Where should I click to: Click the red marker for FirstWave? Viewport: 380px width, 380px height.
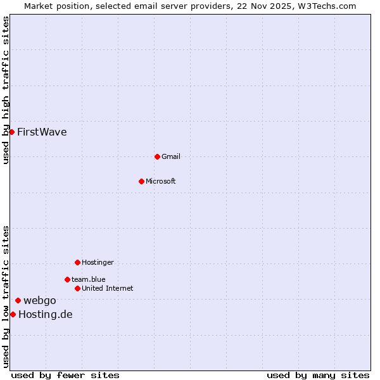11,132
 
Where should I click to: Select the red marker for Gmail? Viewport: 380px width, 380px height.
158,156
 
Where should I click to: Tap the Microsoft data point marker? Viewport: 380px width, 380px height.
142,181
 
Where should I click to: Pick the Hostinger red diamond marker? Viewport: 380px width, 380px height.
77,262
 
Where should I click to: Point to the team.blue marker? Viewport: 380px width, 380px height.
67,279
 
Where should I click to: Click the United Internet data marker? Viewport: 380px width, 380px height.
77,288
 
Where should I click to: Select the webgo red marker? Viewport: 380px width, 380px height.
18,300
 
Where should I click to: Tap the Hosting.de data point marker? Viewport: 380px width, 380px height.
13,314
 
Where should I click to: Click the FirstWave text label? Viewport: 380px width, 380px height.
42,132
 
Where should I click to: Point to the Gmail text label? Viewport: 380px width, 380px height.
171,156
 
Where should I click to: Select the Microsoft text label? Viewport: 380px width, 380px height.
161,181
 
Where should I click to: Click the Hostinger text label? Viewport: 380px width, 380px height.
98,262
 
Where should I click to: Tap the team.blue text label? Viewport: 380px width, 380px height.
89,279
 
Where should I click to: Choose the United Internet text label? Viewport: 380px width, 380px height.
108,288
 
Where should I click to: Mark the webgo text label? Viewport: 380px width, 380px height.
40,300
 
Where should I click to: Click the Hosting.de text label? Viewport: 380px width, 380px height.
46,314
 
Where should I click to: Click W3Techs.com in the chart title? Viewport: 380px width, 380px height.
326,6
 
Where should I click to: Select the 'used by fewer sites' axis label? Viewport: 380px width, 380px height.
65,375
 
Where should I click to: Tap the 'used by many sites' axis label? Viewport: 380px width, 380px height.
318,375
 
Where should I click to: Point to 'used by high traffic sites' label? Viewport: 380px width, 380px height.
6,90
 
